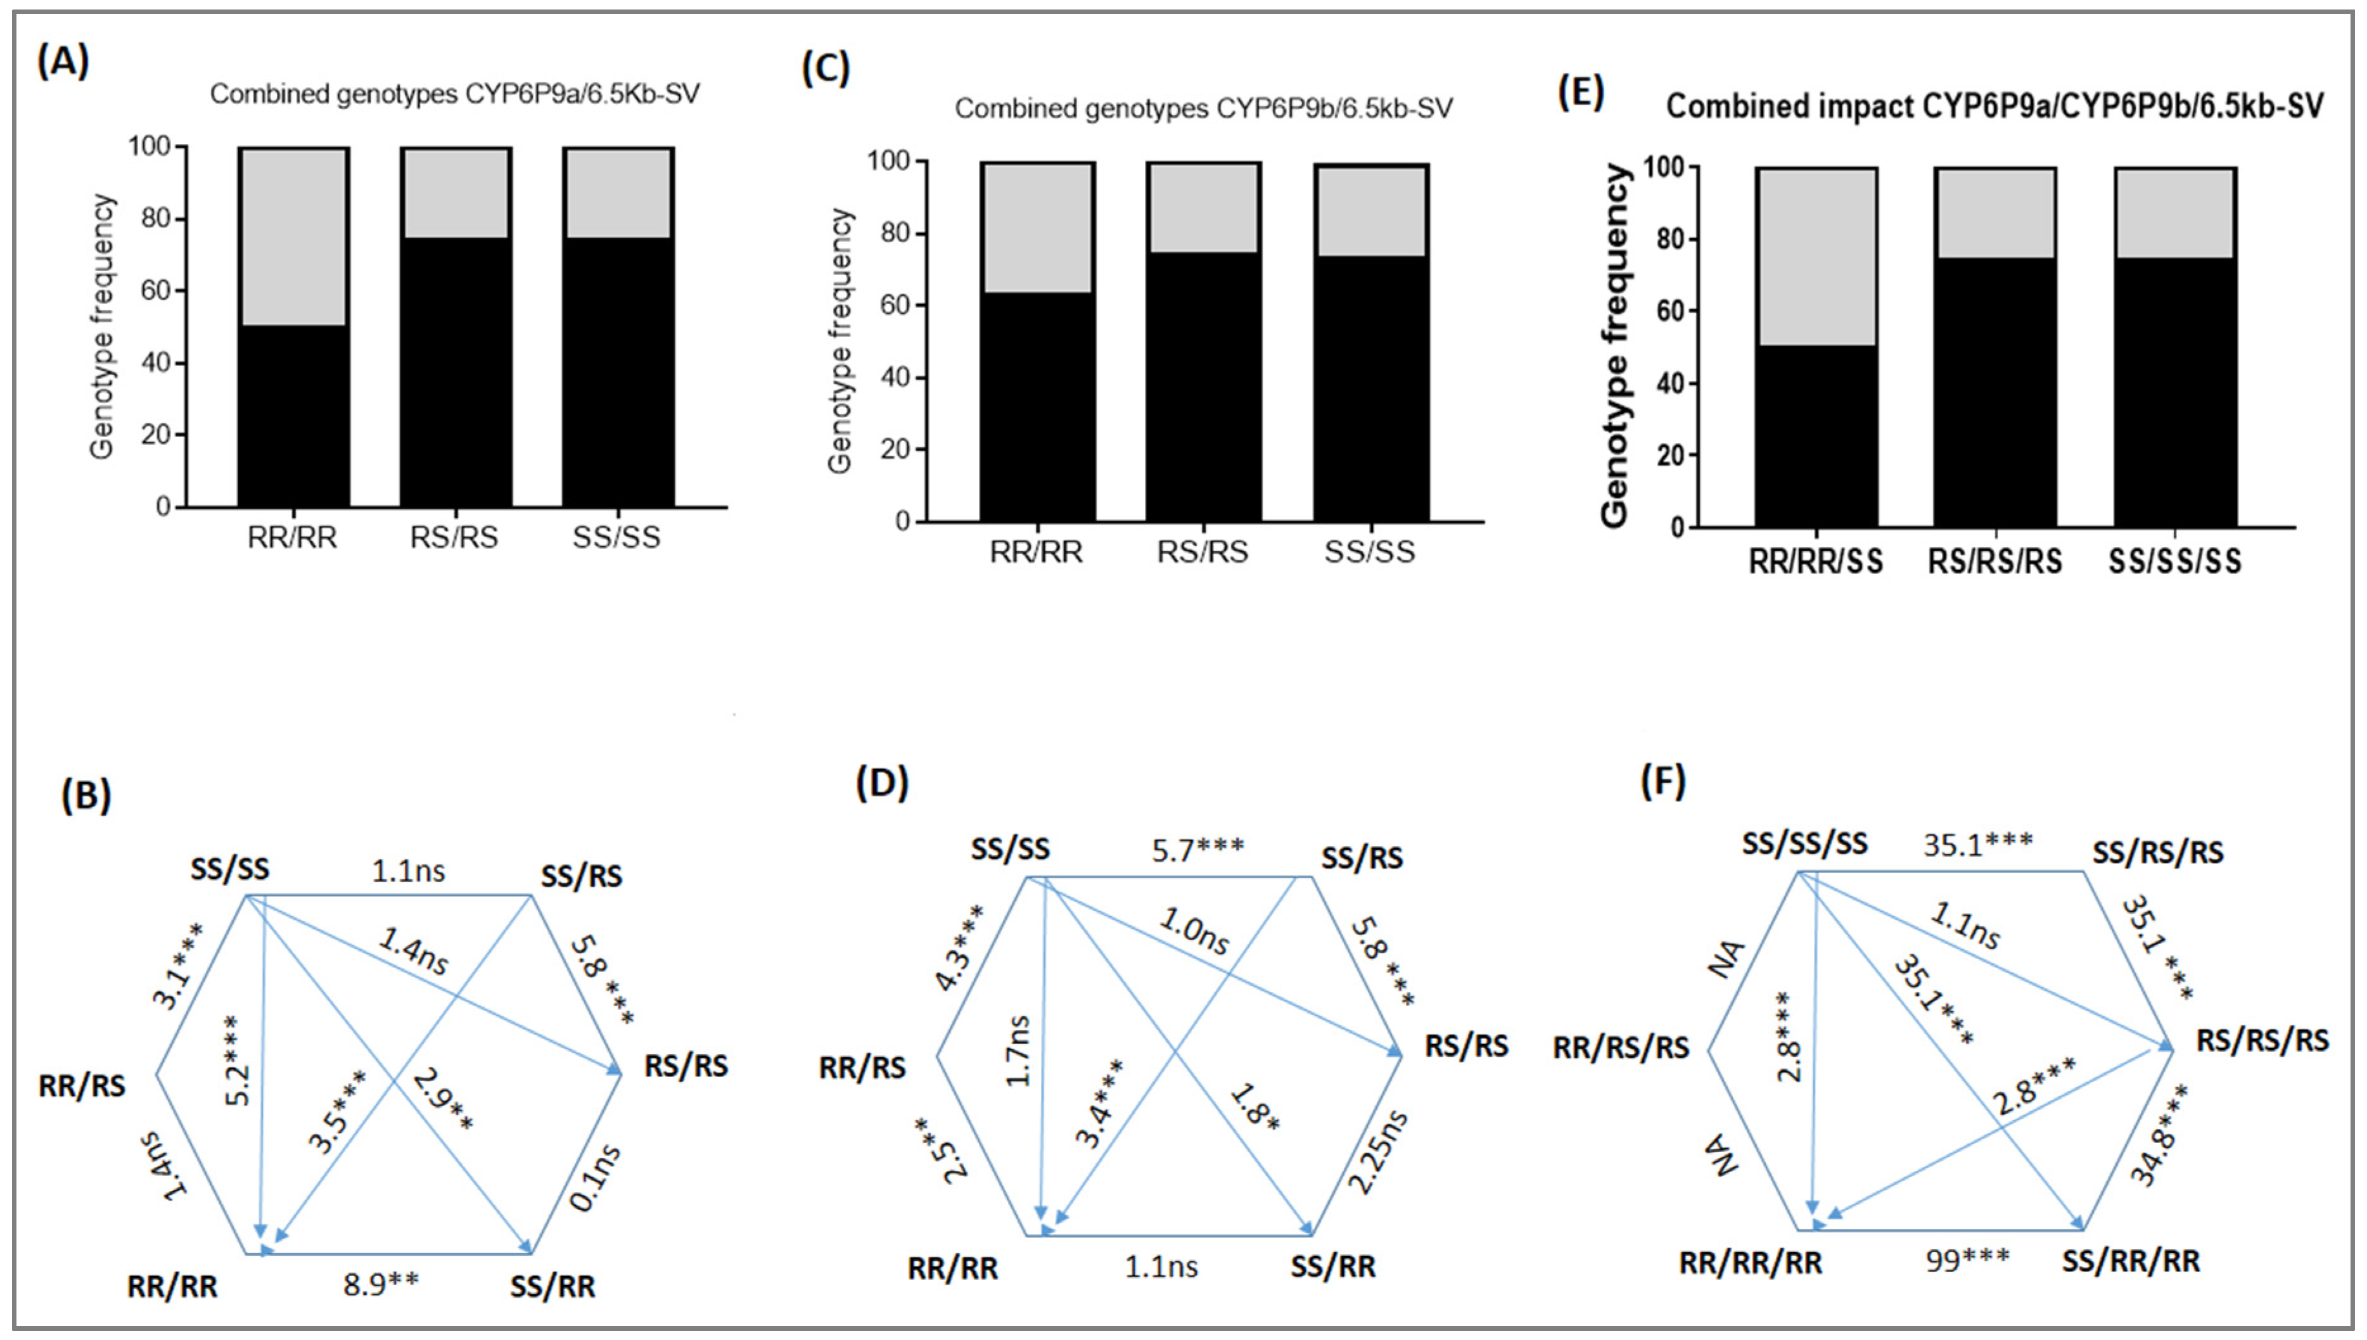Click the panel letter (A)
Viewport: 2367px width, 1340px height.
point(63,63)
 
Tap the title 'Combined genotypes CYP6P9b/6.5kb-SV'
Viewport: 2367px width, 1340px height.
point(1203,108)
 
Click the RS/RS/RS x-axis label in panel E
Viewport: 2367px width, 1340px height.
point(1994,561)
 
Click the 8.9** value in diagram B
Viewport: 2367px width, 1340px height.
point(381,1284)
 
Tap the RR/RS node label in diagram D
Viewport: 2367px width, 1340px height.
point(862,1068)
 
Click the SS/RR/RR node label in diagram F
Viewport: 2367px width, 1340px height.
point(2131,1261)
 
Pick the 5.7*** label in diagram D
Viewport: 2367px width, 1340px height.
point(1197,848)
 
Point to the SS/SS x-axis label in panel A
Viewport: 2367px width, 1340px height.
point(616,537)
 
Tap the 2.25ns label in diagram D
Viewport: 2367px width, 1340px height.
point(1377,1151)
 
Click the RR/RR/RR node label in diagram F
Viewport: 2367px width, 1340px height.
point(1751,1263)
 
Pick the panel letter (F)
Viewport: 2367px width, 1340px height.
point(1663,782)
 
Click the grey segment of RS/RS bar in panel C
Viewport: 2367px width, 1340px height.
point(1203,208)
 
